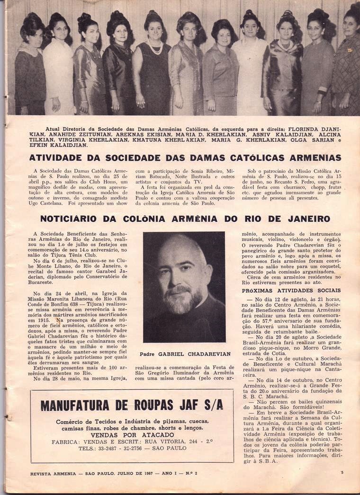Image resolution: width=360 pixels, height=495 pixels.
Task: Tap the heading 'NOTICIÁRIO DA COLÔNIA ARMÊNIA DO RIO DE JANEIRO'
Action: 185,219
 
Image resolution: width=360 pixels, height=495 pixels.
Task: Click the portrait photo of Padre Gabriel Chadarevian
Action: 184,287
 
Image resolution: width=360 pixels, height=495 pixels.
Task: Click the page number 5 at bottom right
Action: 342,472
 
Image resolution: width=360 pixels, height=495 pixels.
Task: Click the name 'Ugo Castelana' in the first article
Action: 52,203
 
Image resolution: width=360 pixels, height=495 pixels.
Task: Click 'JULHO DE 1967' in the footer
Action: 140,473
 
